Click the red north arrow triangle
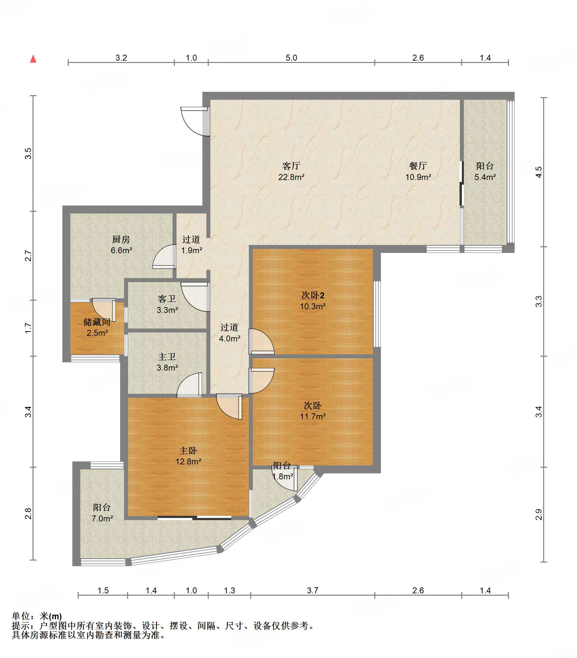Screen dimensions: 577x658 point(33,59)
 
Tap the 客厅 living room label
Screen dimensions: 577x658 point(291,166)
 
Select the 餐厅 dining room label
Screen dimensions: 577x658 point(418,166)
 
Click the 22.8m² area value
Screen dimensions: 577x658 point(291,177)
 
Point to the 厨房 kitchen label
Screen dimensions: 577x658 point(121,239)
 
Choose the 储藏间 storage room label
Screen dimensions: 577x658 point(97,322)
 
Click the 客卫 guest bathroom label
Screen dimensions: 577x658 point(167,299)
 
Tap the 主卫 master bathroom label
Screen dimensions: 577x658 point(167,357)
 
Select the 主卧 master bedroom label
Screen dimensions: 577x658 point(188,450)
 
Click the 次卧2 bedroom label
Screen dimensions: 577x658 point(313,295)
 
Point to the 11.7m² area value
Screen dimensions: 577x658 point(313,416)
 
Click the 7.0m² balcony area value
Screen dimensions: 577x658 point(102,518)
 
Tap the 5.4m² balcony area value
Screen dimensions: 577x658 point(485,177)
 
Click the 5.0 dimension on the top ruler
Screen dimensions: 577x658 point(291,58)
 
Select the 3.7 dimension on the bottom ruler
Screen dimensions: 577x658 point(313,590)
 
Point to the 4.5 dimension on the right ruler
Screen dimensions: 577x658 point(539,172)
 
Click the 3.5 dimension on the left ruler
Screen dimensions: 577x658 point(28,153)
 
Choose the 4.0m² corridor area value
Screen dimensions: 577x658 point(230,338)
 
